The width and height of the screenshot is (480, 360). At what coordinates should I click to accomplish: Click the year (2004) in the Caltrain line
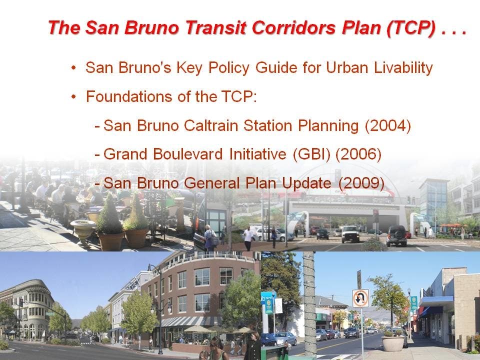388,125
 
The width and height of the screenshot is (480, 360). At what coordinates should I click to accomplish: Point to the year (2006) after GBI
358,154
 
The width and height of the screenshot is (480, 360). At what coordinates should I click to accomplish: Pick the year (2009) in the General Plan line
361,183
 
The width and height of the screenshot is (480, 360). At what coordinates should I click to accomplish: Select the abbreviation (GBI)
311,154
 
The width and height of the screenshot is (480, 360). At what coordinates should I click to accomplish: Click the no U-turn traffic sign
360,298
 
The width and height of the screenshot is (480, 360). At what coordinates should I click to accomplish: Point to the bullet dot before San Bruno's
73,67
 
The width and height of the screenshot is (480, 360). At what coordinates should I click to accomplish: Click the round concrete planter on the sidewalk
393,343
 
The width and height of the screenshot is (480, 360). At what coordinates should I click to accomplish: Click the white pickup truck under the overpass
350,234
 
